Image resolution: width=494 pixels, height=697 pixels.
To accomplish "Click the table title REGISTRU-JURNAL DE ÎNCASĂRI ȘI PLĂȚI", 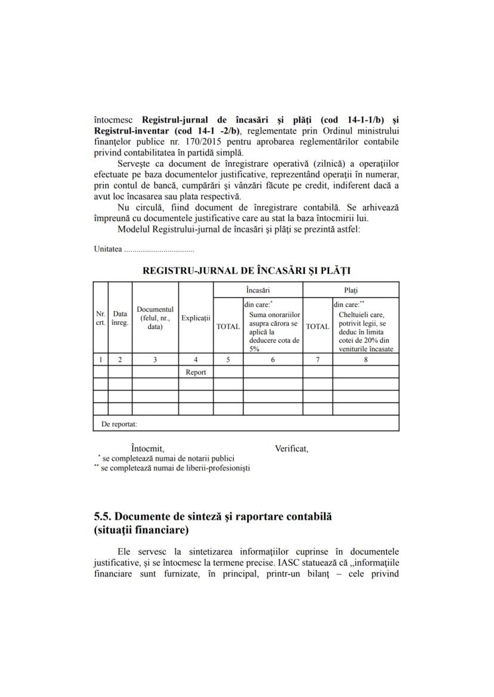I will point(246,270).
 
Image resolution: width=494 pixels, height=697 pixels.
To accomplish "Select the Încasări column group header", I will point(258,290).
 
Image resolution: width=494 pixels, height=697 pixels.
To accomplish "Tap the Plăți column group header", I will point(351,290).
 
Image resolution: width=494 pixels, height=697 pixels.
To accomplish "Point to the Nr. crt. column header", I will point(101,318).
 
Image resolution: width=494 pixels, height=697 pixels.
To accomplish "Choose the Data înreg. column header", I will point(120,318).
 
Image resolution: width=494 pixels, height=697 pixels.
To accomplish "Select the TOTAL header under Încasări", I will point(228,326).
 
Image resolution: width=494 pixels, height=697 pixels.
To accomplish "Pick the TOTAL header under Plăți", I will point(317,326).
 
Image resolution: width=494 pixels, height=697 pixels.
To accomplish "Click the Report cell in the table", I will point(196,372).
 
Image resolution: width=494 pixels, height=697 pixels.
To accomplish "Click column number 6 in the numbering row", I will point(273,360).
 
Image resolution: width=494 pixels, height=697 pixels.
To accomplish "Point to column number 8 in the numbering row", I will point(366,360).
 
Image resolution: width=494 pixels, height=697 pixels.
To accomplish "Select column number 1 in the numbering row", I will point(101,360).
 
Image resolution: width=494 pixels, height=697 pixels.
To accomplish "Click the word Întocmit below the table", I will point(147,448).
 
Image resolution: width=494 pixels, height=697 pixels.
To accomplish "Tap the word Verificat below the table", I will point(291,448).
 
